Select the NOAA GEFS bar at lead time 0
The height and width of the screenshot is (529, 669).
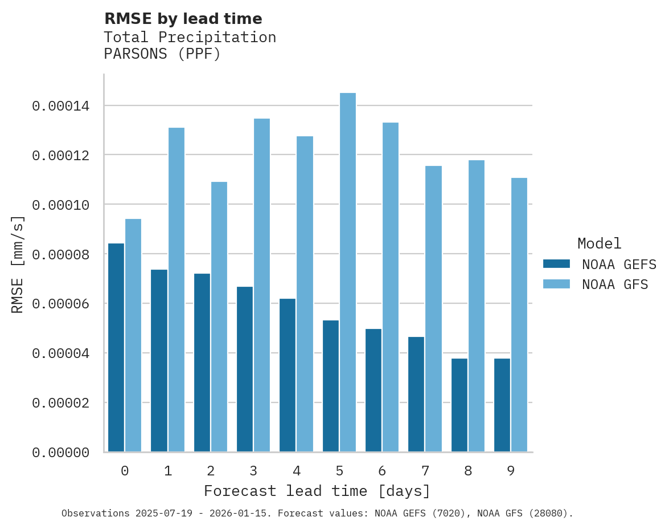click(116, 348)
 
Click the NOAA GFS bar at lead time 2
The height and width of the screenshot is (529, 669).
click(219, 317)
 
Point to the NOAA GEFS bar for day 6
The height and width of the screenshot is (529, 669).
click(374, 390)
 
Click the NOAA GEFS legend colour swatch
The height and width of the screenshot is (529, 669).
click(556, 264)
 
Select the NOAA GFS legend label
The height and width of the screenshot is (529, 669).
click(615, 284)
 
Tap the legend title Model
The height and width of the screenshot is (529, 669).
click(599, 243)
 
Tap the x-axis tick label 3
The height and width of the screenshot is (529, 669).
click(253, 471)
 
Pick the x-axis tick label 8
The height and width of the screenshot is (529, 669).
click(468, 471)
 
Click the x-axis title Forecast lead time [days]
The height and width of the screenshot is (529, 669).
click(317, 491)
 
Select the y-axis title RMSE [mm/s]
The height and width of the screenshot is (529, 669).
click(18, 264)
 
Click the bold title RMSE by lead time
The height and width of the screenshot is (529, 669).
click(183, 19)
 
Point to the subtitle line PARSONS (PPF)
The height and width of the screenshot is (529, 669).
click(162, 54)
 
